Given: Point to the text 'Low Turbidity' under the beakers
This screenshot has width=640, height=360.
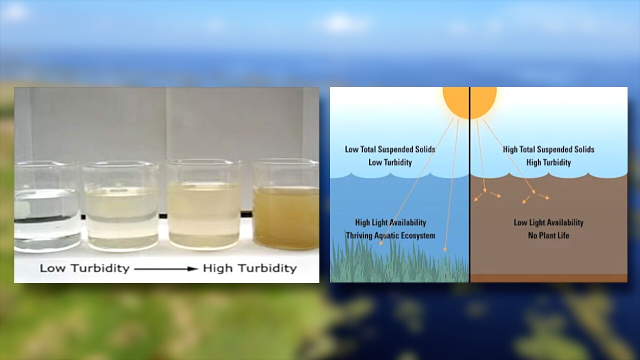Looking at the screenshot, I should point(84,268).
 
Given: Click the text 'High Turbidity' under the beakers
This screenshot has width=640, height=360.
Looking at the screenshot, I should point(249,268).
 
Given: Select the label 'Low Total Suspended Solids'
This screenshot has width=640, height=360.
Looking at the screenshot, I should point(390,149).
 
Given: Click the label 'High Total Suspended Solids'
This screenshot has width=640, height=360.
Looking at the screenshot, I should point(548,149).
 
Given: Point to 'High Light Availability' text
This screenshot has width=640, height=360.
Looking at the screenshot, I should point(390,222).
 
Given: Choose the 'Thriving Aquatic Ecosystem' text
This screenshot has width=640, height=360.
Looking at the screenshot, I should point(390,235).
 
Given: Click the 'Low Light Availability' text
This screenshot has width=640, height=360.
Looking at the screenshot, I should point(548,222).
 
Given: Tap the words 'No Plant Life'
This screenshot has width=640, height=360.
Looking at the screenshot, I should point(548,235).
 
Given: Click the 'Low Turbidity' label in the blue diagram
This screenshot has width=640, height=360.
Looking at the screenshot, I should point(390,162).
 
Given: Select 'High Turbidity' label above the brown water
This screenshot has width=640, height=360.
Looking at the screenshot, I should point(548,162).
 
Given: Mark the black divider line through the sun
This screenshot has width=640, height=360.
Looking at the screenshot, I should point(469,200).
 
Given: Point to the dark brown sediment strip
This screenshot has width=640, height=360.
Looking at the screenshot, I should point(548,278).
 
